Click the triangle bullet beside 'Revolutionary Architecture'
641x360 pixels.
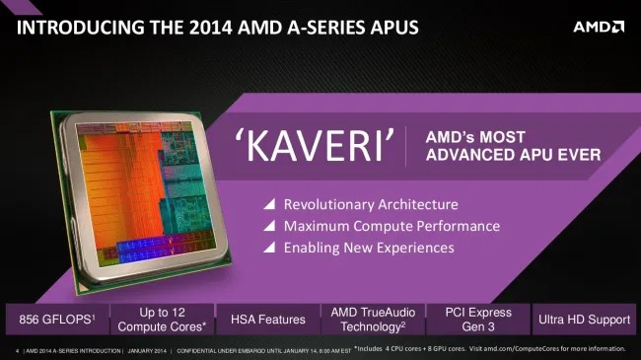268,205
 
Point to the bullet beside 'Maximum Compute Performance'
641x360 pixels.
268,227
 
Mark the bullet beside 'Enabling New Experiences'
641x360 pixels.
268,249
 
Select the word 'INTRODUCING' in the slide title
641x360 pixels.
74,26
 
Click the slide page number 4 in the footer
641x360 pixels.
18,350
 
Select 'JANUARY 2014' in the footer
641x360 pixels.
147,350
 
